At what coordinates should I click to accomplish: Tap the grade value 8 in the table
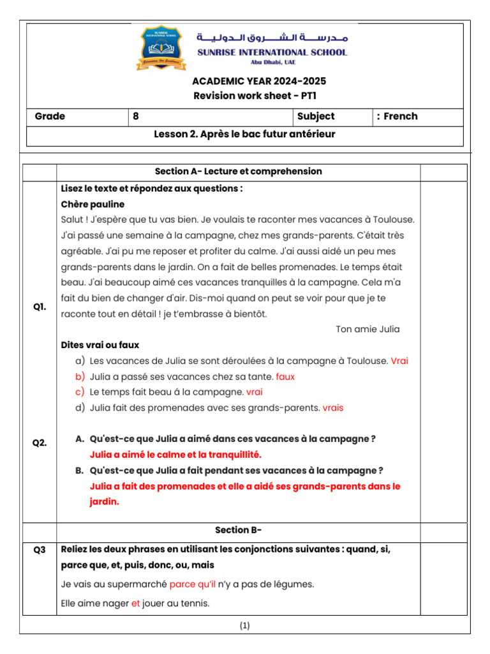[x=135, y=116]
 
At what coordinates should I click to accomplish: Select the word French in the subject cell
[x=400, y=116]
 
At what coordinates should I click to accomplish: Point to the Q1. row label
[x=40, y=307]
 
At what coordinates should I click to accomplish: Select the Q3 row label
[x=40, y=549]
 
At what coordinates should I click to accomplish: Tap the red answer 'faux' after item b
[x=285, y=377]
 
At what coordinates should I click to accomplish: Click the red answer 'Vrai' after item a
[x=399, y=361]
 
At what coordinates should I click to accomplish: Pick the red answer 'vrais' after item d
[x=332, y=407]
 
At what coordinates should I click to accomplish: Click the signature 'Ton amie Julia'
[x=367, y=330]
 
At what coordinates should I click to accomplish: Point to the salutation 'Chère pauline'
[x=93, y=204]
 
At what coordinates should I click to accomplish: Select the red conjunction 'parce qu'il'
[x=192, y=584]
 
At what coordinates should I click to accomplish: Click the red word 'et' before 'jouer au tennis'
[x=135, y=603]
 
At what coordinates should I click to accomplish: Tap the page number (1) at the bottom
[x=245, y=626]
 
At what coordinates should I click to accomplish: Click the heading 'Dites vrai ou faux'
[x=100, y=346]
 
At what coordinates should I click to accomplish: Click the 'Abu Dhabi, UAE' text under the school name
[x=271, y=63]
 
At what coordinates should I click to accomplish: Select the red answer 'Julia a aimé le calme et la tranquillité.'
[x=175, y=455]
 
